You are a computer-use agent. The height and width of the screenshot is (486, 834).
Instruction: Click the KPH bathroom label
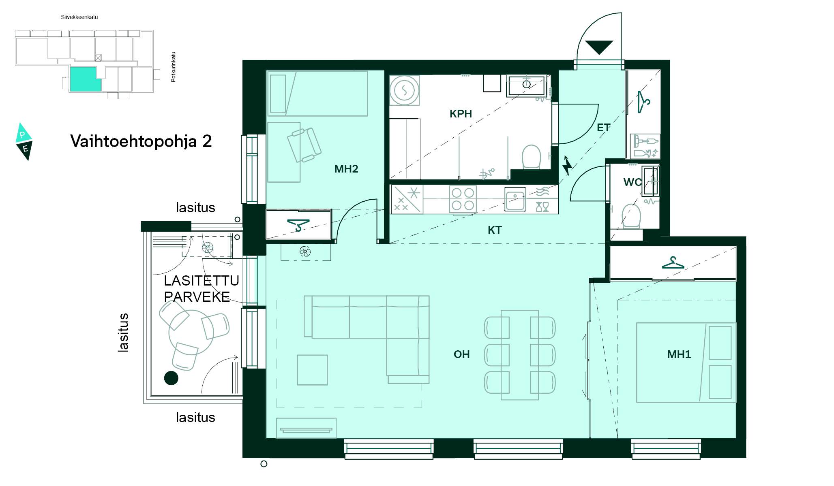(x=461, y=114)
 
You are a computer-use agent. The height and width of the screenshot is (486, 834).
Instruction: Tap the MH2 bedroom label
(x=346, y=169)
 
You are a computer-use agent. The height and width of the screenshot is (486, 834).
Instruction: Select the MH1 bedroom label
(x=679, y=354)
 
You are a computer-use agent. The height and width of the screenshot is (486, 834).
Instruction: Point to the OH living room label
(x=461, y=354)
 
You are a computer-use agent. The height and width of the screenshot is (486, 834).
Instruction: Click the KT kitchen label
(x=494, y=230)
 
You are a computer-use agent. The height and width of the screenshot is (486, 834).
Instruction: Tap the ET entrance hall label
(x=603, y=128)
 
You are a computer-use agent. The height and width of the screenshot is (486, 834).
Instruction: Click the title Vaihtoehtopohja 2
(x=141, y=141)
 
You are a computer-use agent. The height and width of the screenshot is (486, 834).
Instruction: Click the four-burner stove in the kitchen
(x=463, y=199)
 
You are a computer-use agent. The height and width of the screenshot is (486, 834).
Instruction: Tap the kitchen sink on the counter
(x=515, y=199)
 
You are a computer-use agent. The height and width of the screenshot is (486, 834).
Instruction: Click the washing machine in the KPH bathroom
(x=404, y=90)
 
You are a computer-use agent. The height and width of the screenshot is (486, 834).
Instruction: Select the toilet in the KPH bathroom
(x=531, y=157)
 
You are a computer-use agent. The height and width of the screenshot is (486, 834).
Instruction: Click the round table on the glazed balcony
(x=191, y=333)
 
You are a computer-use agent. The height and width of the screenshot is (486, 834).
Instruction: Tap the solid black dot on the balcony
(x=171, y=378)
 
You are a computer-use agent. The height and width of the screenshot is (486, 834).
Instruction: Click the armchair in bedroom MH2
(x=304, y=145)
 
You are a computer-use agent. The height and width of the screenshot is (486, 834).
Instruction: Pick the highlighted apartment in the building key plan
(x=85, y=79)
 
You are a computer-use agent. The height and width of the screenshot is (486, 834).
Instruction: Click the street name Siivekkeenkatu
(x=79, y=17)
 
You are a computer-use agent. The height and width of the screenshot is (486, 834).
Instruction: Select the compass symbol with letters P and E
(x=24, y=142)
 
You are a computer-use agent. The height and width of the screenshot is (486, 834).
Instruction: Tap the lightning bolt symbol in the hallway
(x=567, y=165)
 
